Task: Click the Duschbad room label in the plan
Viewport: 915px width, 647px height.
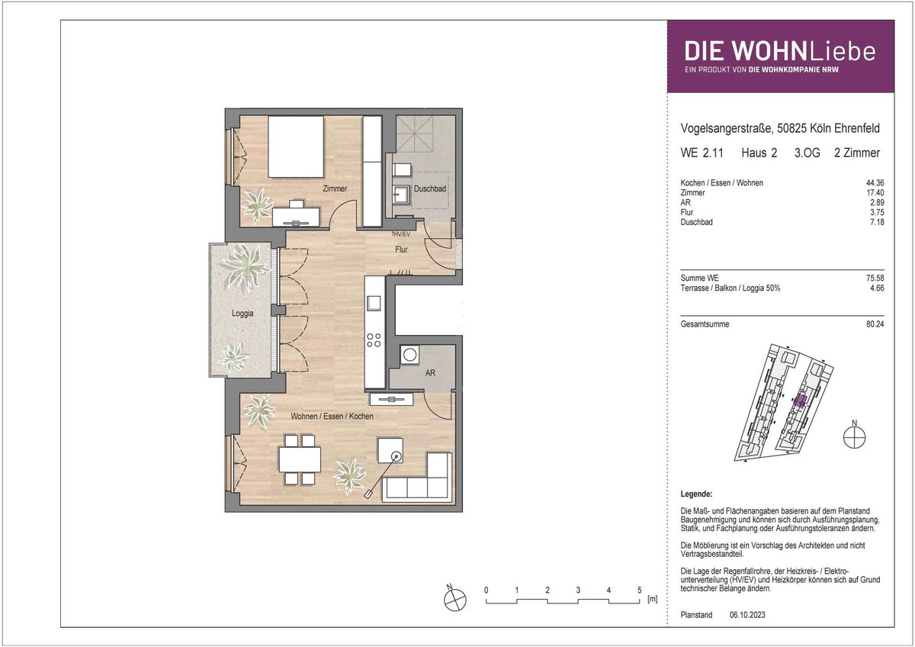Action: point(430,188)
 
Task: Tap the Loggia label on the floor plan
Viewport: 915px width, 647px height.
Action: point(242,314)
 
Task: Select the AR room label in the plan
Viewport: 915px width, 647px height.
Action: point(430,373)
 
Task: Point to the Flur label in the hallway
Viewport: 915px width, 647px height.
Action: point(401,249)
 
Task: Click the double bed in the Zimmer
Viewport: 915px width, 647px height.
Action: point(296,146)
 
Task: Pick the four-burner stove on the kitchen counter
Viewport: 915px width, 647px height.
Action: point(374,340)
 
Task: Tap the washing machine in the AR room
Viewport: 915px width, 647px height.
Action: point(409,354)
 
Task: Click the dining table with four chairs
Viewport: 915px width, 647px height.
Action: point(300,460)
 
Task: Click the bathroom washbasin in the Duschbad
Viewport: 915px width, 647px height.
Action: point(401,195)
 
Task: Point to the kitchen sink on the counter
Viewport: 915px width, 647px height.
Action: point(374,303)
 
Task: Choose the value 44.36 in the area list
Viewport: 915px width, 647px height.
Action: point(875,182)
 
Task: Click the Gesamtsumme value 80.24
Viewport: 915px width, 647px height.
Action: point(875,324)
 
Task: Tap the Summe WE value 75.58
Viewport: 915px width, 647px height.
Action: point(875,278)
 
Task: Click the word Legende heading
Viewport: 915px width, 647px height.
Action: point(696,494)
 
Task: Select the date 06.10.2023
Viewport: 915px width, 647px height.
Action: point(747,615)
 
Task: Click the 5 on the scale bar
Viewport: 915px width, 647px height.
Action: point(640,590)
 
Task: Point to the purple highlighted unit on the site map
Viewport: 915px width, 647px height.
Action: point(800,401)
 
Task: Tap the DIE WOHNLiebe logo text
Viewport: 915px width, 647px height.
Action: point(780,51)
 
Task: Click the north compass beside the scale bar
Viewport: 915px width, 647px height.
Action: point(455,599)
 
